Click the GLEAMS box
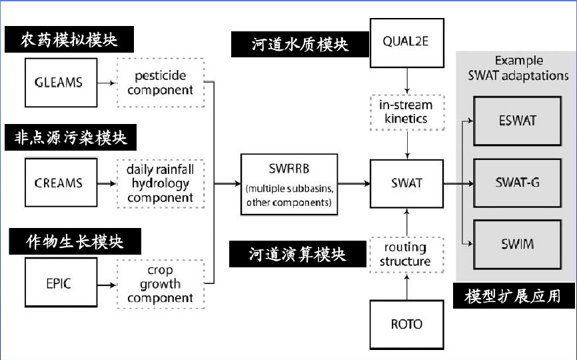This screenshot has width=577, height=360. tap(59, 83)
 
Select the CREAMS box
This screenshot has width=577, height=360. tap(59, 182)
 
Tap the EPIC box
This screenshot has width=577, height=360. tap(59, 284)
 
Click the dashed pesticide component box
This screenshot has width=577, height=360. tap(161, 83)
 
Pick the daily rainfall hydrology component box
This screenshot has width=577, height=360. tap(161, 182)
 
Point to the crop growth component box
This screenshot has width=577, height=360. tap(161, 284)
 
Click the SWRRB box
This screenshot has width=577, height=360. tap(288, 183)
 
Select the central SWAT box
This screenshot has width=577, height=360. tap(406, 183)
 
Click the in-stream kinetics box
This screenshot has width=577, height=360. tap(406, 112)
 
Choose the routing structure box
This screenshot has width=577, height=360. tap(406, 255)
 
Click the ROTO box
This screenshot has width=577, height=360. tap(406, 325)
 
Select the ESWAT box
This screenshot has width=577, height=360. tap(517, 121)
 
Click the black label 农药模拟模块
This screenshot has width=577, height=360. tap(69, 39)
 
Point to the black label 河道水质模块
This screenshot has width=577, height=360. tap(300, 45)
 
